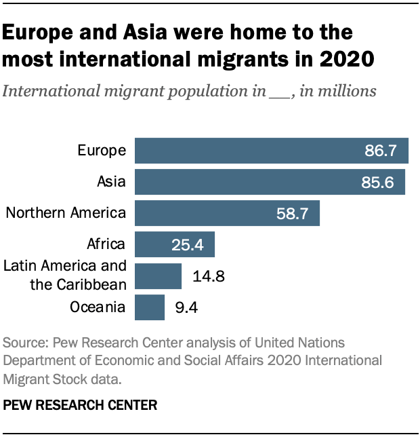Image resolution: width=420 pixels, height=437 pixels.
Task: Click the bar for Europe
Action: [x=271, y=151]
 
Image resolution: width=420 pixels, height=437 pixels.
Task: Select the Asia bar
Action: [x=270, y=182]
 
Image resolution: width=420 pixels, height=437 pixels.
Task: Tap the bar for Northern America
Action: [x=227, y=213]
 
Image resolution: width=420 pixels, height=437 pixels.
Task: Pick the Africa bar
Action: [x=175, y=244]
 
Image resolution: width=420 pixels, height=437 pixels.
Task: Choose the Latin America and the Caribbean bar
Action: [x=159, y=276]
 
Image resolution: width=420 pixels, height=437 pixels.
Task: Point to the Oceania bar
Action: [x=150, y=307]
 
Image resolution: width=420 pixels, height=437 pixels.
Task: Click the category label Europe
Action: [x=102, y=151]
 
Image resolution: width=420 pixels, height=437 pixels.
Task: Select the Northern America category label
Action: [x=66, y=213]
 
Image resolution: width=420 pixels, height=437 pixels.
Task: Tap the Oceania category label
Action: [x=98, y=307]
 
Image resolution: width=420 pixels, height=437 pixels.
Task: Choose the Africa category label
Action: [x=106, y=244]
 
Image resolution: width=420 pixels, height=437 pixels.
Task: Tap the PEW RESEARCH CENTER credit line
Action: [x=80, y=406]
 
